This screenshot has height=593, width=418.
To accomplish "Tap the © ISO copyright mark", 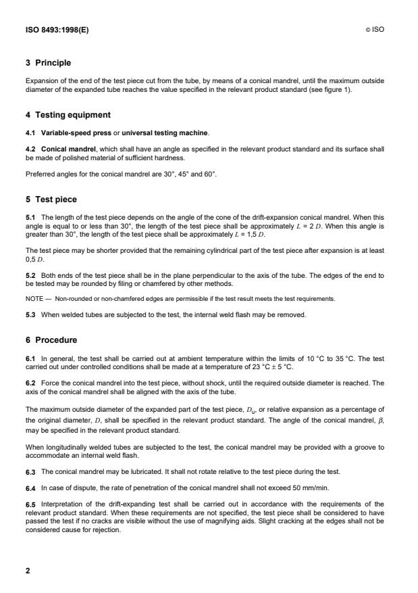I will tap(375, 30).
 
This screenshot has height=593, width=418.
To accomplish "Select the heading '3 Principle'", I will tap(48, 63).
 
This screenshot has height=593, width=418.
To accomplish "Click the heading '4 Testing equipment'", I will tap(68, 115).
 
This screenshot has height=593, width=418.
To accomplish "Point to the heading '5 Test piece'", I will tap(51, 199).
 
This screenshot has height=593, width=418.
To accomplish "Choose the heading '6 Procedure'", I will tap(51, 340).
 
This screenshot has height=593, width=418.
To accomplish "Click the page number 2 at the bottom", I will tap(28, 570).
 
